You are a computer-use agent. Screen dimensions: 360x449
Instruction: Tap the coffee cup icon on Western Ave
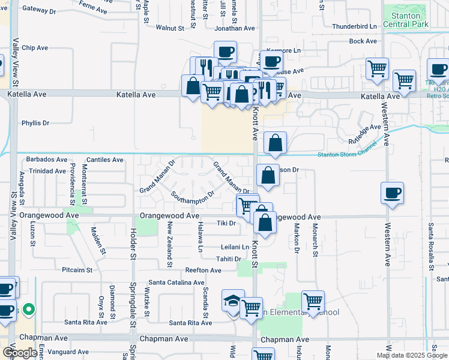click(392, 193)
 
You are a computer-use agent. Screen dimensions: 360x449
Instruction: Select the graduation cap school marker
click(232, 301)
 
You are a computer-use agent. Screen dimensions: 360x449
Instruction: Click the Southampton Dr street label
click(193, 196)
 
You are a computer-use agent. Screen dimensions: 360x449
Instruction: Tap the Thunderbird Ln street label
click(354, 26)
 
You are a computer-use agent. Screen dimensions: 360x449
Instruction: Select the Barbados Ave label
click(46, 160)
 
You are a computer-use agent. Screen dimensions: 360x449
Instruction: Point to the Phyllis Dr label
click(35, 123)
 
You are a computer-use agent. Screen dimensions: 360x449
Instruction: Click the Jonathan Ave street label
click(235, 28)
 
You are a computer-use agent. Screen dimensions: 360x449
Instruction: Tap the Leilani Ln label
click(235, 247)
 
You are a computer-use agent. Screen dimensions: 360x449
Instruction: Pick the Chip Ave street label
click(34, 47)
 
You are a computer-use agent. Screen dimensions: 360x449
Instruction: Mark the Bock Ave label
click(363, 41)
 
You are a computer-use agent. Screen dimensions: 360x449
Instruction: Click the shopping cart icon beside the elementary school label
click(313, 301)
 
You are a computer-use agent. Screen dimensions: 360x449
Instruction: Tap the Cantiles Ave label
click(104, 160)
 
